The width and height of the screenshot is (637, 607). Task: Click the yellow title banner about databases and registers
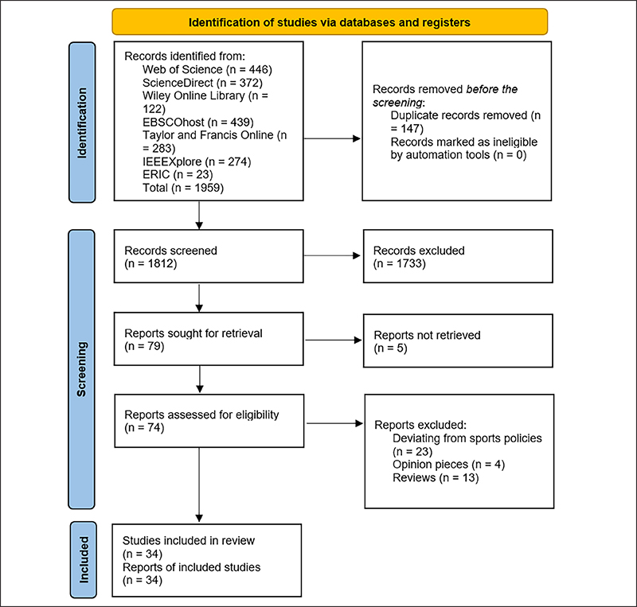[x=330, y=22]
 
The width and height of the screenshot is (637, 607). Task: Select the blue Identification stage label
[x=82, y=123]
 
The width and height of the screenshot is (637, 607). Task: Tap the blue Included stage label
[x=84, y=559]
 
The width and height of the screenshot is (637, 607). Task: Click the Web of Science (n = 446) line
[x=207, y=69]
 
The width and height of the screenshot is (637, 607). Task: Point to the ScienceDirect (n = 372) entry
[x=202, y=83]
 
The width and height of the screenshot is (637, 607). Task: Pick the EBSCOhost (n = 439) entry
[x=197, y=123]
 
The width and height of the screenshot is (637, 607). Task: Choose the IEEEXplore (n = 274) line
[x=197, y=161]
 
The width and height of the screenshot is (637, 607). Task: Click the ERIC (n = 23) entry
[x=178, y=174]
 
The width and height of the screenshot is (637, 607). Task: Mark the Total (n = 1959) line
[x=183, y=188]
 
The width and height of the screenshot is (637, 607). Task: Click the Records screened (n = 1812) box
[x=209, y=256]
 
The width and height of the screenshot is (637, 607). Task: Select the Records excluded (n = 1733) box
[x=458, y=256]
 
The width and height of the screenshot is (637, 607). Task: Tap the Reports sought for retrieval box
[x=209, y=339]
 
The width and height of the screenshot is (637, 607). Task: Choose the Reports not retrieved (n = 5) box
[x=458, y=340]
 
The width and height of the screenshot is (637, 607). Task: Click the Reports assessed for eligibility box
[x=209, y=421]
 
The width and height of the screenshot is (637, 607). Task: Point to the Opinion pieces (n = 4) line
[x=448, y=465]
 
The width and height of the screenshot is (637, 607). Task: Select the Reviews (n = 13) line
[x=436, y=478]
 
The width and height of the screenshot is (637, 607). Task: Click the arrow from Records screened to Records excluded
[x=332, y=256]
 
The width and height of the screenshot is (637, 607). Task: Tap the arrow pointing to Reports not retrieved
[x=334, y=340]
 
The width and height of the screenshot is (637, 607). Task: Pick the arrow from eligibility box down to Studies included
[x=199, y=484]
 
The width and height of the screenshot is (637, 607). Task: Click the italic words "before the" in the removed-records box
[x=492, y=89]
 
